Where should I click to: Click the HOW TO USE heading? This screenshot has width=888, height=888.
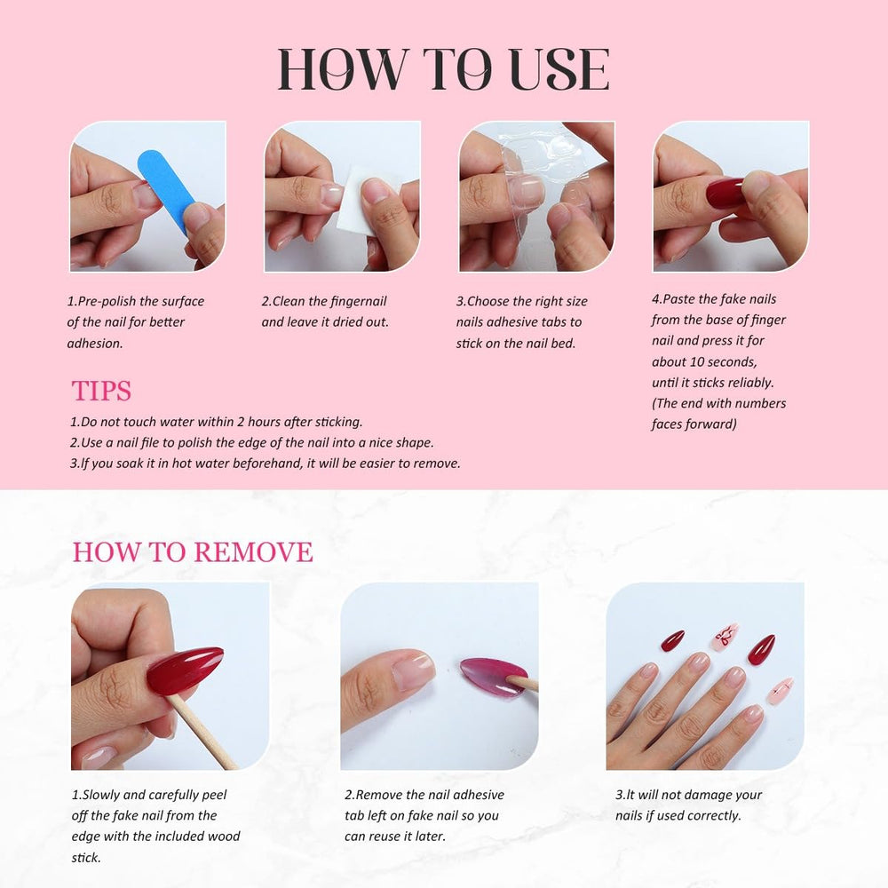(443, 69)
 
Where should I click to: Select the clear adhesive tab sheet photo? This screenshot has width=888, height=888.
(536, 195)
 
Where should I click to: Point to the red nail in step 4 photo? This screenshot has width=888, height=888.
(727, 192)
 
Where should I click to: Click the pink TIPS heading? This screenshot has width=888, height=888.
(101, 391)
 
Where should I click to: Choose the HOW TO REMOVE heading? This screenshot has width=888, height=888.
(193, 551)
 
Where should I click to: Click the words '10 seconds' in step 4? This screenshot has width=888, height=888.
(725, 361)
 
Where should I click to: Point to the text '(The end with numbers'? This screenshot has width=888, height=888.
(718, 403)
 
